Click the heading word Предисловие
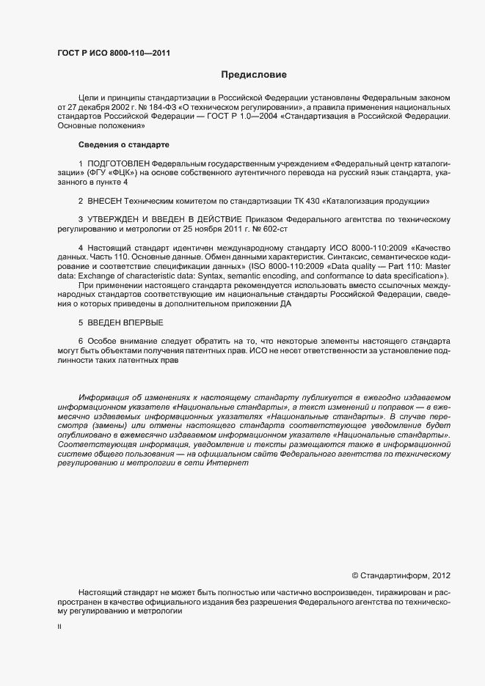254,74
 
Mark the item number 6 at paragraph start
81,341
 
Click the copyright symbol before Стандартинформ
355,575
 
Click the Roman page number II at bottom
59,628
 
